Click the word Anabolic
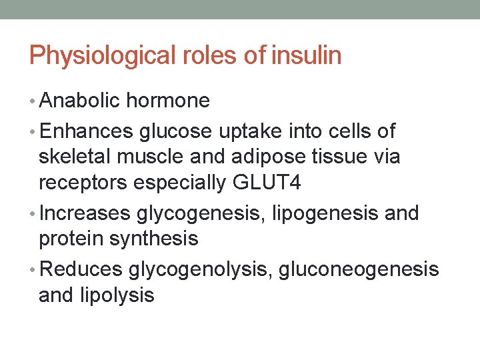pyautogui.click(x=80, y=101)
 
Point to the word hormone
pyautogui.click(x=168, y=101)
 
